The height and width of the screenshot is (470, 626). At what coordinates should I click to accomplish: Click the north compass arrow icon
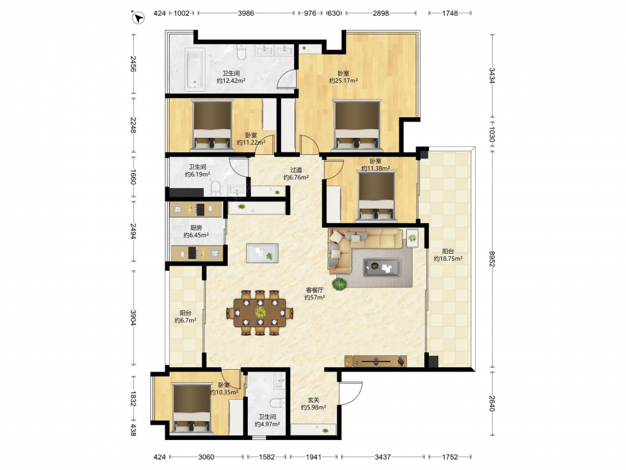(x=138, y=18)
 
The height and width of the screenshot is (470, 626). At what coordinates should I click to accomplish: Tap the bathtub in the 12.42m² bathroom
(x=195, y=69)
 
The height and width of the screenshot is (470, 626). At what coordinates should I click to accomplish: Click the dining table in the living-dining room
(x=260, y=313)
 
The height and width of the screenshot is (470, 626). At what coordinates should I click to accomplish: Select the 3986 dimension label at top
(x=246, y=13)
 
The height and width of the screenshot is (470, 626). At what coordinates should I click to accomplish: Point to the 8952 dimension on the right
(x=492, y=259)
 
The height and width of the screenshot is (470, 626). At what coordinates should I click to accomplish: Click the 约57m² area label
(x=314, y=297)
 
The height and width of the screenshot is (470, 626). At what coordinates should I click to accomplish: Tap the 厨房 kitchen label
(x=196, y=228)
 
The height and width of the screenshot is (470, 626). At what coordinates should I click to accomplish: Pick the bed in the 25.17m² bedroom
(x=357, y=125)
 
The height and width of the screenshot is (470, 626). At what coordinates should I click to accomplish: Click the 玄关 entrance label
(x=314, y=400)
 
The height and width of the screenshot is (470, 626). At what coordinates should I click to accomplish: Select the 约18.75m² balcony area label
(x=448, y=259)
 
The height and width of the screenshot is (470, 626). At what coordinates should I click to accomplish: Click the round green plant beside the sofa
(x=339, y=284)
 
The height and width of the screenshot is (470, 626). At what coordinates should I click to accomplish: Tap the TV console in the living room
(x=376, y=361)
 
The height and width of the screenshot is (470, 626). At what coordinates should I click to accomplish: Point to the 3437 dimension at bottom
(x=382, y=456)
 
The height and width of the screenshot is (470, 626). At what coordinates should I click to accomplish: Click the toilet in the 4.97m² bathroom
(x=277, y=402)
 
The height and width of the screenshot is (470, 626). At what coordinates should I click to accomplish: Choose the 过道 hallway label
(x=296, y=170)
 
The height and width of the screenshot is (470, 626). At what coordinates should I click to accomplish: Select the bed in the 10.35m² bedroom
(x=191, y=408)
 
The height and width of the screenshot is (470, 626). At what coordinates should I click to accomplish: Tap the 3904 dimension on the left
(x=133, y=318)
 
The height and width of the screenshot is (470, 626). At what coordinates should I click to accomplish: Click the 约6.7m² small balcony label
(x=185, y=320)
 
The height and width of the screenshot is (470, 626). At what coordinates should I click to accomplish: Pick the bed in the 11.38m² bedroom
(x=376, y=196)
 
